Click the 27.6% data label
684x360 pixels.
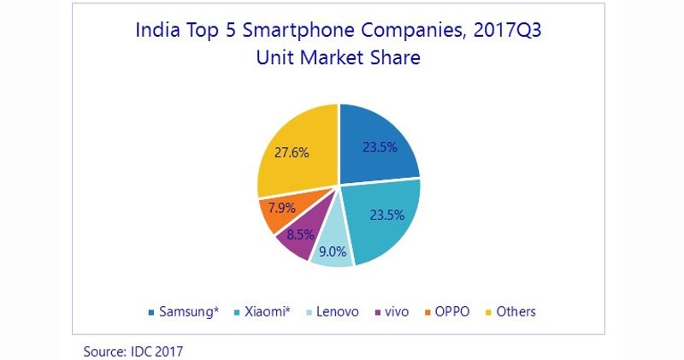(292, 153)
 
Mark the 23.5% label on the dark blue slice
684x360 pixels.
(378, 147)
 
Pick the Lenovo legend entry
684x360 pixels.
(339, 311)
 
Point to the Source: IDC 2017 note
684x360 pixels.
(133, 351)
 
